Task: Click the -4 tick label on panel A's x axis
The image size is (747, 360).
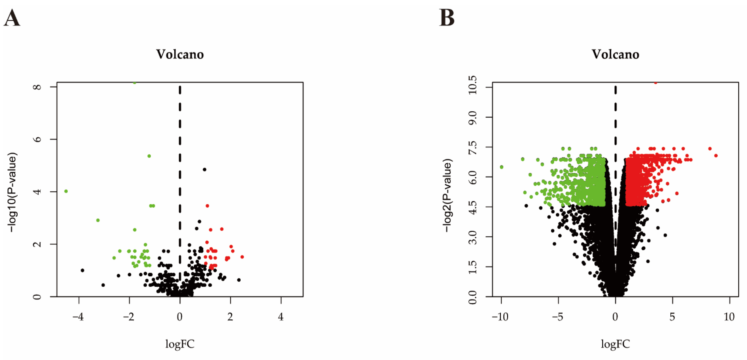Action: [78, 317]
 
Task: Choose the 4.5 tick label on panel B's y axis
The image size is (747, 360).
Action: [472, 207]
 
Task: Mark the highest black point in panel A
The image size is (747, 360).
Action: [204, 169]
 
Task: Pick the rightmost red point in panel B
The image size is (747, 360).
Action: [716, 156]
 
